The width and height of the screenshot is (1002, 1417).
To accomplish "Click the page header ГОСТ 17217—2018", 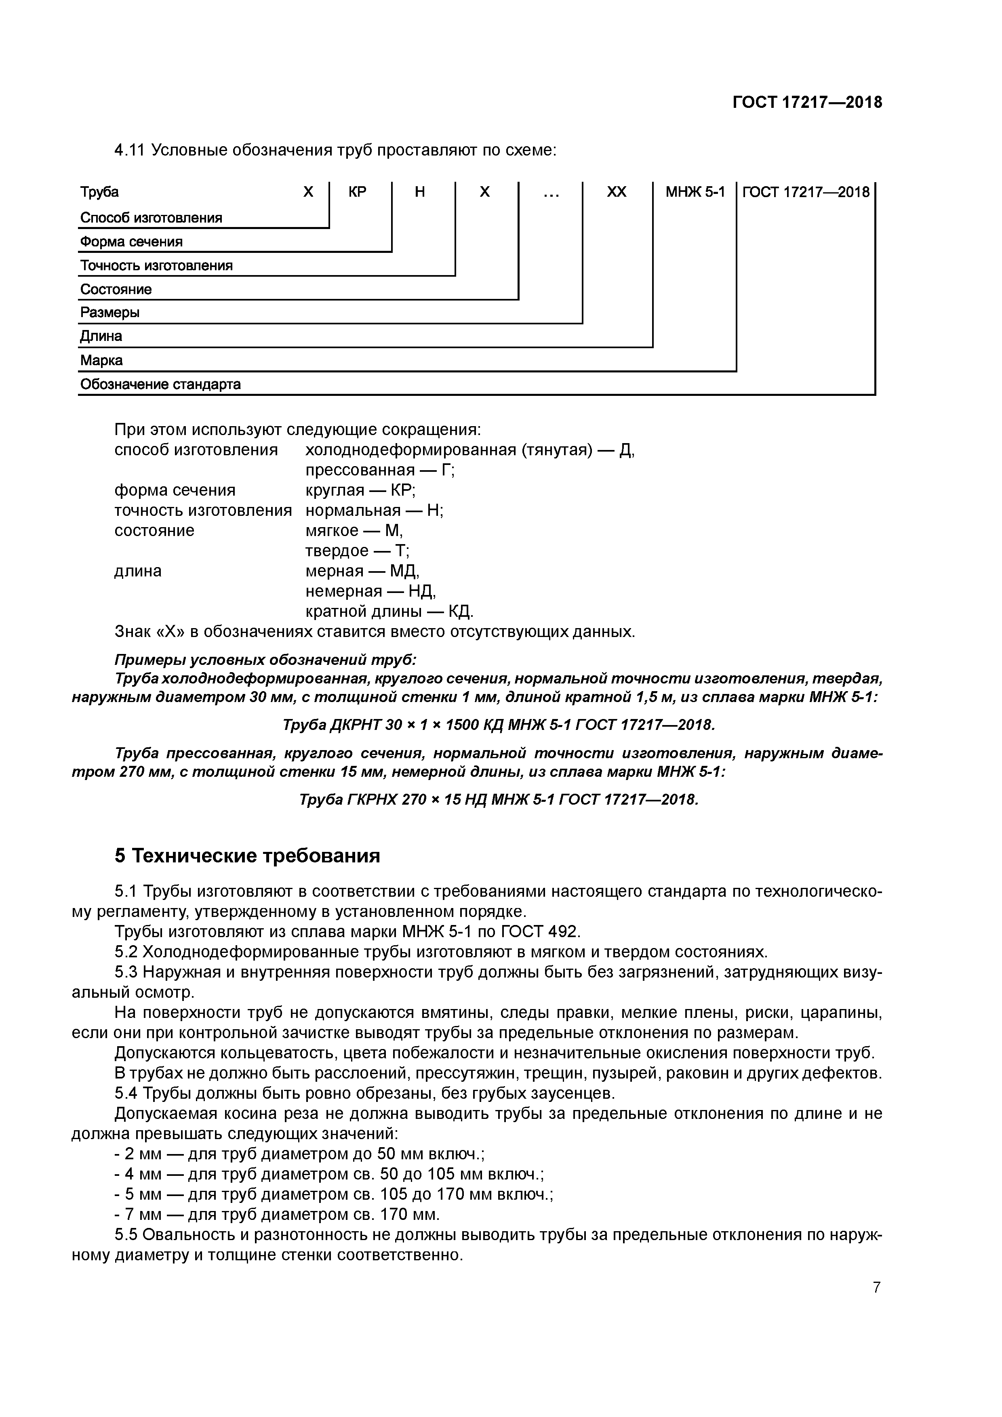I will (x=807, y=103).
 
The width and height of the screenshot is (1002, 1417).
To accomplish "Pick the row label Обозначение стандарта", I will (x=160, y=385).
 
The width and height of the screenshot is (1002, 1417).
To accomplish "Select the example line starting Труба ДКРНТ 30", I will (x=498, y=725).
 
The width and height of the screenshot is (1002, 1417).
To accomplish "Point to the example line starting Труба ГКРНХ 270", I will (x=498, y=800).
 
